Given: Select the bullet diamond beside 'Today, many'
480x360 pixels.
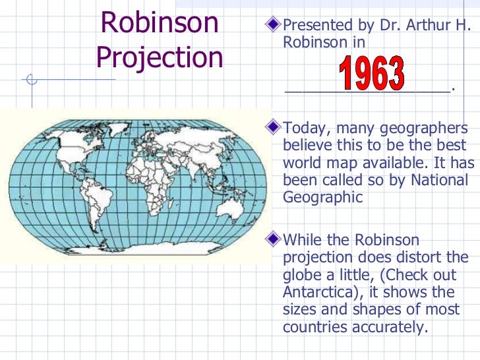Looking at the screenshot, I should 274,128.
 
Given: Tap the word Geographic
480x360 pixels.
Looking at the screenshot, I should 322,196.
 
